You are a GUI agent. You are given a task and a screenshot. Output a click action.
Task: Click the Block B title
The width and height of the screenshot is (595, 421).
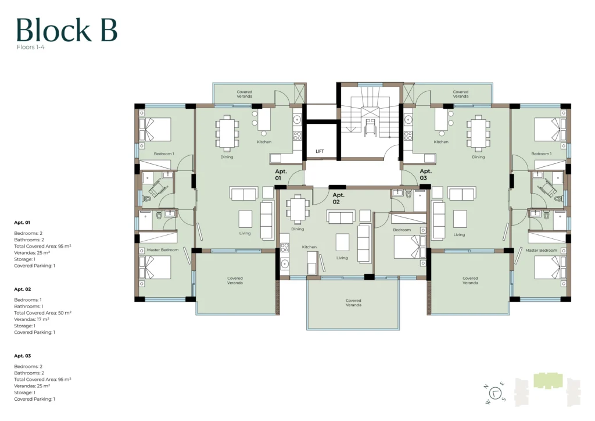coord(66,30)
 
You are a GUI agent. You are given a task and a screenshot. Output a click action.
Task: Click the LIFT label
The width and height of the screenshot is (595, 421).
coord(320,151)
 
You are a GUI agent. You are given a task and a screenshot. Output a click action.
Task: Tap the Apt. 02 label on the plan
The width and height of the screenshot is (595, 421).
coord(338,198)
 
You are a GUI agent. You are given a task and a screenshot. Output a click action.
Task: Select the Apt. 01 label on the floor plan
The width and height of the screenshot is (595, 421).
coord(281,174)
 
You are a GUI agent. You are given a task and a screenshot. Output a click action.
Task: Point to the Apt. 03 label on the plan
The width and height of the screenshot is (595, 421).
coord(425,174)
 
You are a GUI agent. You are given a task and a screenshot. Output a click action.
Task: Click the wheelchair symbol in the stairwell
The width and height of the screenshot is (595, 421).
coord(370,127)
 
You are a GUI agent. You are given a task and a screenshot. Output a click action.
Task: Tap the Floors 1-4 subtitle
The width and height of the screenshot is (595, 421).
coord(30,47)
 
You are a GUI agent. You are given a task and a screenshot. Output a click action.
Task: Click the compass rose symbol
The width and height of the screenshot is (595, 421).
coord(496,393)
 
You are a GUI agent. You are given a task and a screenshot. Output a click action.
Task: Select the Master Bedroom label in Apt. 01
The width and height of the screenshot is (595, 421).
coord(163,250)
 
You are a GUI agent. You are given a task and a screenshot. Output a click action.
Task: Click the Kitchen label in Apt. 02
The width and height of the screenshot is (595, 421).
coord(309,247)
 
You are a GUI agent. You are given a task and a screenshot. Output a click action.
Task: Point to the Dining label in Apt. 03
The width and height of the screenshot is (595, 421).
coord(478,157)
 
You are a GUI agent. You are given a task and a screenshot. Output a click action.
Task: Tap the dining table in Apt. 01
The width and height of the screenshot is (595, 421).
coord(227,133)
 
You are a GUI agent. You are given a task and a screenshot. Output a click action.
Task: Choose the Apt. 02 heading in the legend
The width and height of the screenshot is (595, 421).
coord(23,289)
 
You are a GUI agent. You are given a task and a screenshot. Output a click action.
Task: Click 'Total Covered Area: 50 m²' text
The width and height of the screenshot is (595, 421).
coord(42,313)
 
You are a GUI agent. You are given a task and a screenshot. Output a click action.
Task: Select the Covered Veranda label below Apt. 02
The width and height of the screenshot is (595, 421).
coord(353,302)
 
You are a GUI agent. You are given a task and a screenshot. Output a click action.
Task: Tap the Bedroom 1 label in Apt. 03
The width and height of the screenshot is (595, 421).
coord(541,154)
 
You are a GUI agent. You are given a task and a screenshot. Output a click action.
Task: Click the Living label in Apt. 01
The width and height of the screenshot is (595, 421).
coord(245,233)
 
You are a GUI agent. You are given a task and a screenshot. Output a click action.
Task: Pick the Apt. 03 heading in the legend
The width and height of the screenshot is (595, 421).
coord(23,356)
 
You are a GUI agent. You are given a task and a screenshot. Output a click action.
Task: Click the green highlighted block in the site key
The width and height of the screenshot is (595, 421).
coord(548,381)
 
